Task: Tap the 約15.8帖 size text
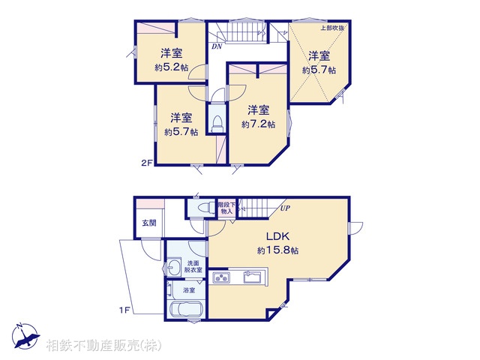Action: click(277, 250)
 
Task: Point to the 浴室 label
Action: click(187, 289)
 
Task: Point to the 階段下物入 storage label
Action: click(225, 207)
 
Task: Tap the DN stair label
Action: click(216, 46)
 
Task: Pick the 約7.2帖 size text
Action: click(257, 124)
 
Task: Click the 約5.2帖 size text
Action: click(171, 67)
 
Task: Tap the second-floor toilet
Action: click(217, 122)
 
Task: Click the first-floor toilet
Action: click(203, 210)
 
